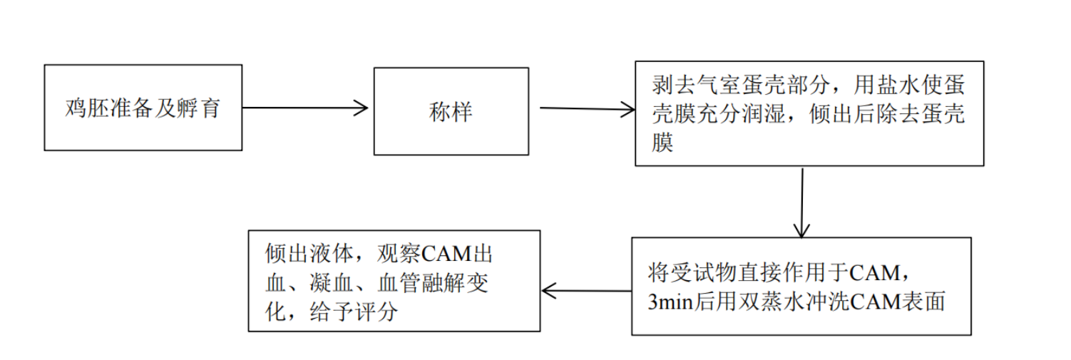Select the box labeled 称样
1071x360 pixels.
pos(451,111)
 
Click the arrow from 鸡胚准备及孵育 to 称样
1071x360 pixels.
pos(305,108)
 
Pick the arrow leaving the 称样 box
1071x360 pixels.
pos(588,109)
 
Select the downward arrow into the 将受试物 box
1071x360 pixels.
pos(801,202)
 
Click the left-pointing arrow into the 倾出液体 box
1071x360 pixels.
pos(587,291)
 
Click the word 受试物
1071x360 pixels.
pos(703,273)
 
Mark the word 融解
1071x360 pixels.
pos(444,283)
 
